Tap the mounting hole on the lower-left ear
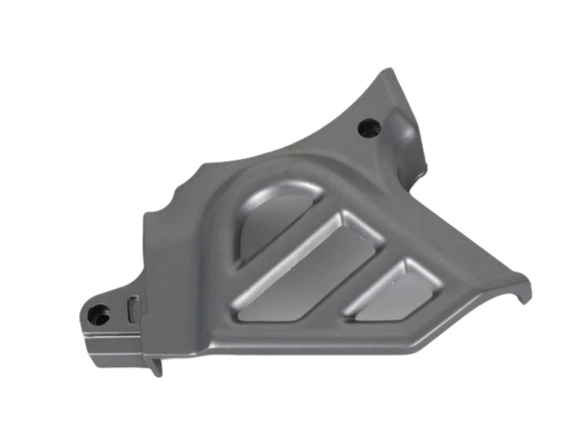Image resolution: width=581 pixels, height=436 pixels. [97, 314]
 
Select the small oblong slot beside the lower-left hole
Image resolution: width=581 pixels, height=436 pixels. [133, 308]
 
